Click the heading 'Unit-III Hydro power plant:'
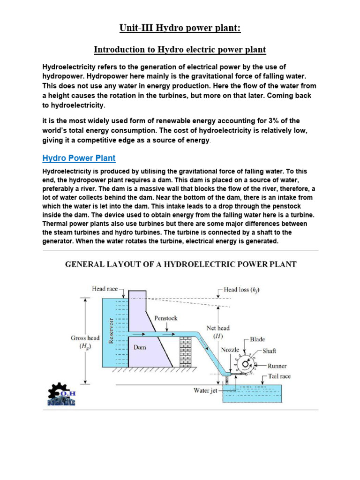click(x=180, y=29)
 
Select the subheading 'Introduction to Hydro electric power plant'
click(x=180, y=49)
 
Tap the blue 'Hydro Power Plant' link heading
click(x=79, y=158)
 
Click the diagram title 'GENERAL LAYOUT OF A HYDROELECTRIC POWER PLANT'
click(x=180, y=264)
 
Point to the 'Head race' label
click(x=105, y=289)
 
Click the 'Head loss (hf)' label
click(x=241, y=290)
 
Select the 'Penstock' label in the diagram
click(x=166, y=318)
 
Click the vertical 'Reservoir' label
click(x=111, y=330)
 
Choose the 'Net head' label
click(x=218, y=332)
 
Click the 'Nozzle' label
click(x=230, y=350)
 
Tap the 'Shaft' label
click(x=270, y=350)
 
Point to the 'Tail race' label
click(x=279, y=376)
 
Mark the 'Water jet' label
click(x=205, y=390)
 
